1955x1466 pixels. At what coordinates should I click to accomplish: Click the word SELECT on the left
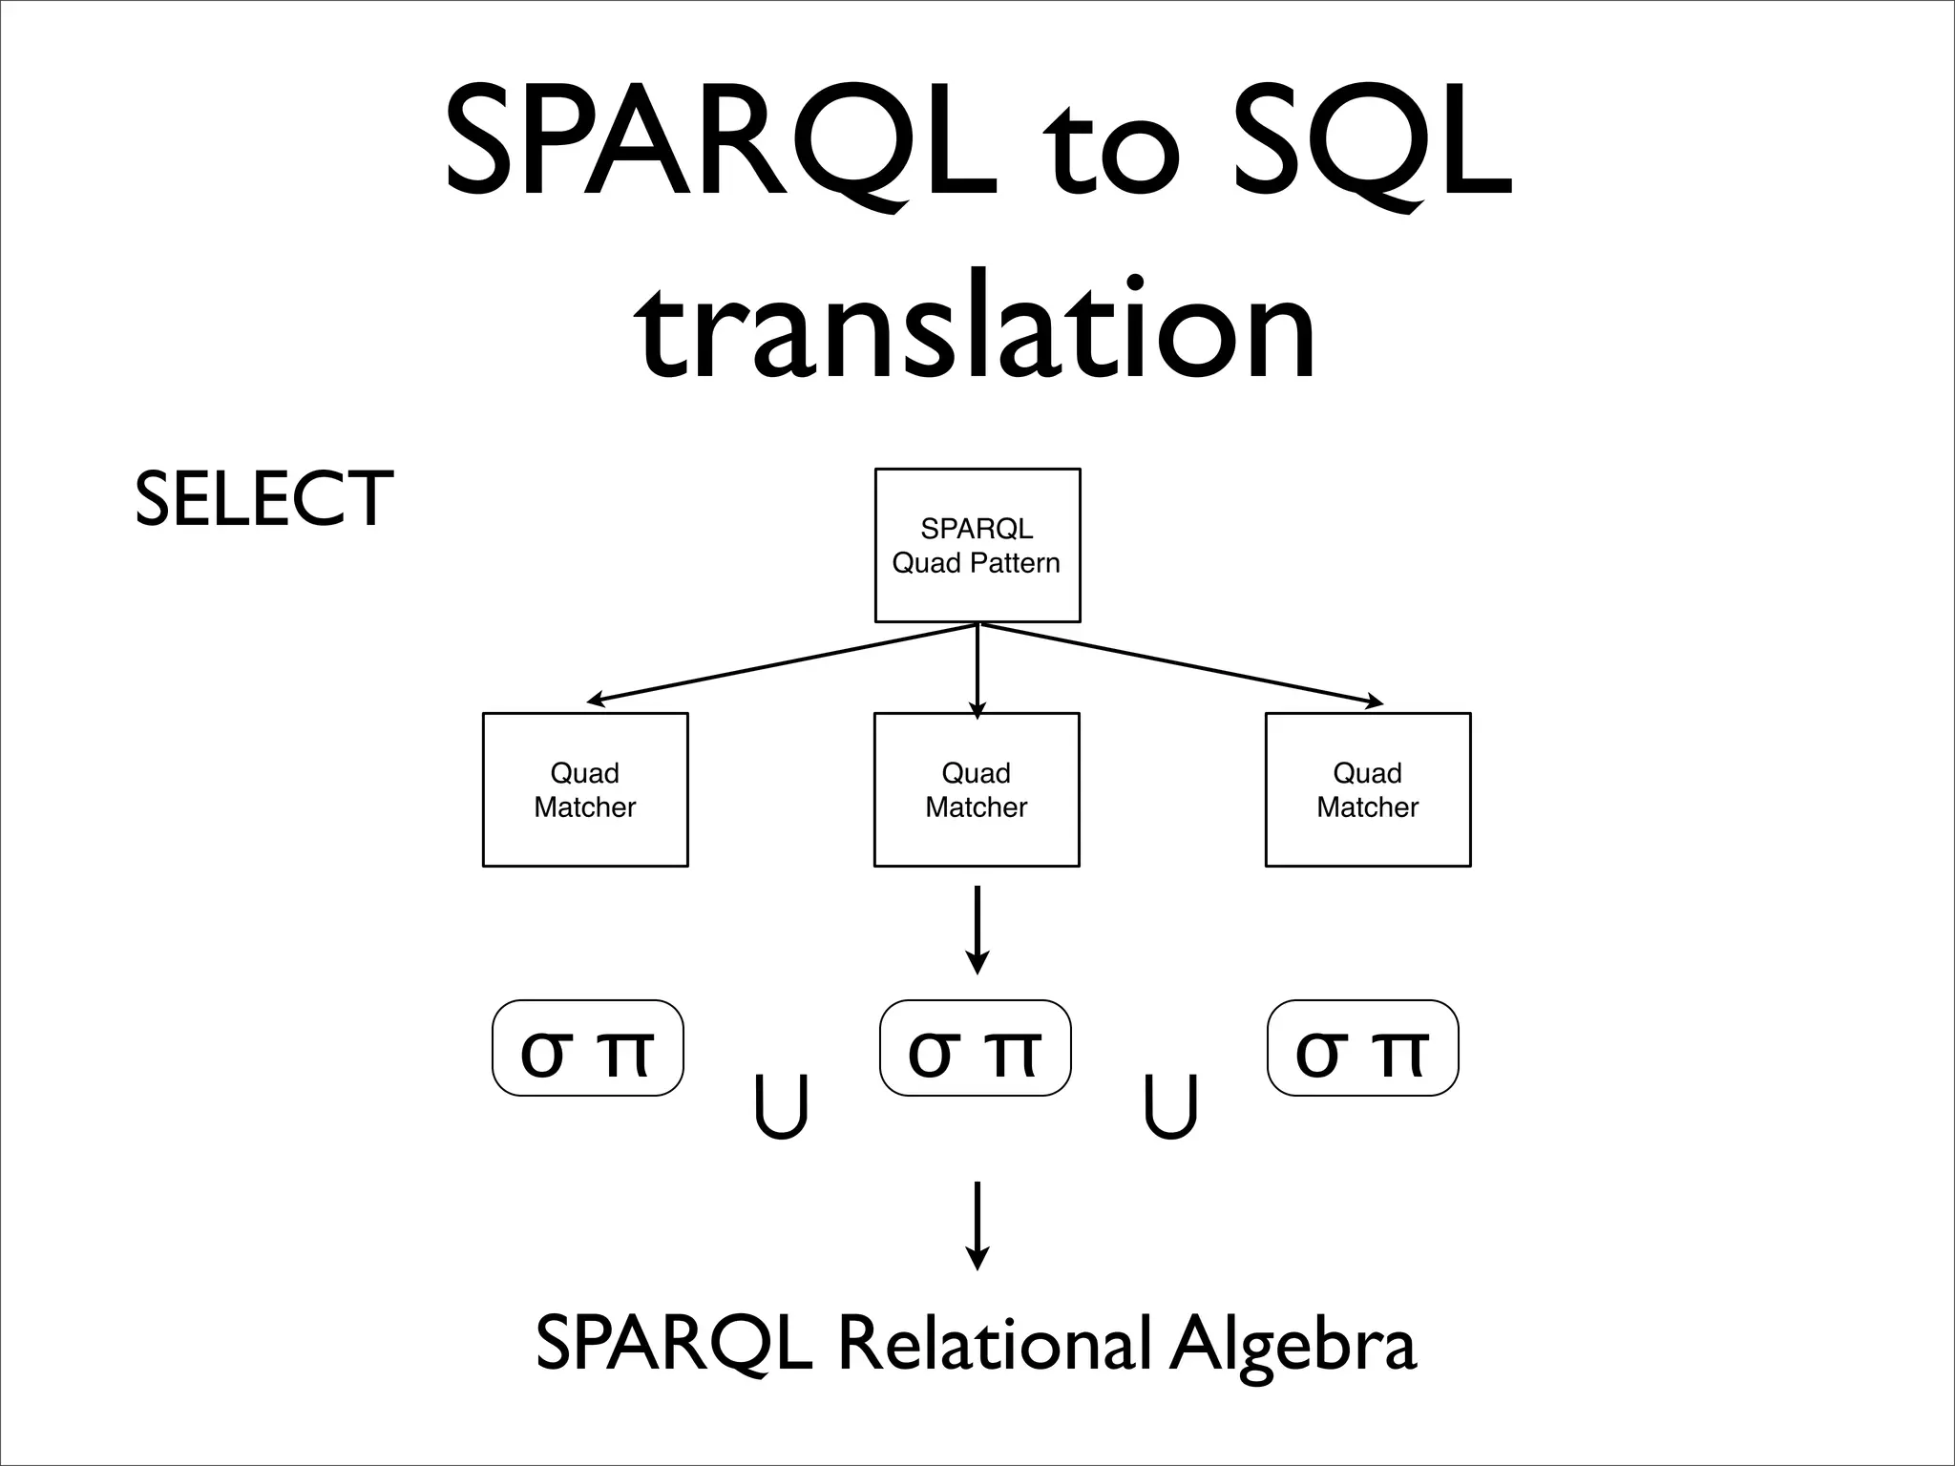tap(263, 498)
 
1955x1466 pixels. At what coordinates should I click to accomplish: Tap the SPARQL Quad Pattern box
tap(977, 545)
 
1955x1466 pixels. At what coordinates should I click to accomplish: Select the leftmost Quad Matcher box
tap(584, 789)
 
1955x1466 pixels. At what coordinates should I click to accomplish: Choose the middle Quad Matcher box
tap(976, 789)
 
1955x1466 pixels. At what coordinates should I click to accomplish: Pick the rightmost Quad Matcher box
tap(1367, 789)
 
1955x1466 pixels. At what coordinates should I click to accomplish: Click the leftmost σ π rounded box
tap(587, 1048)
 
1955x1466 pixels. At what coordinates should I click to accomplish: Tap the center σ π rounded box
tap(975, 1048)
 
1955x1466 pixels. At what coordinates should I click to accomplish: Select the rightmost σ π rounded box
tap(1362, 1048)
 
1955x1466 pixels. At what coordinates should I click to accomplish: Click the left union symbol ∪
tap(781, 1107)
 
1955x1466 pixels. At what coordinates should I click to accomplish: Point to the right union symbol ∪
tap(1170, 1107)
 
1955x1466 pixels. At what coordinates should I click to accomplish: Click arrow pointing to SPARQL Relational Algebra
tap(977, 1225)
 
